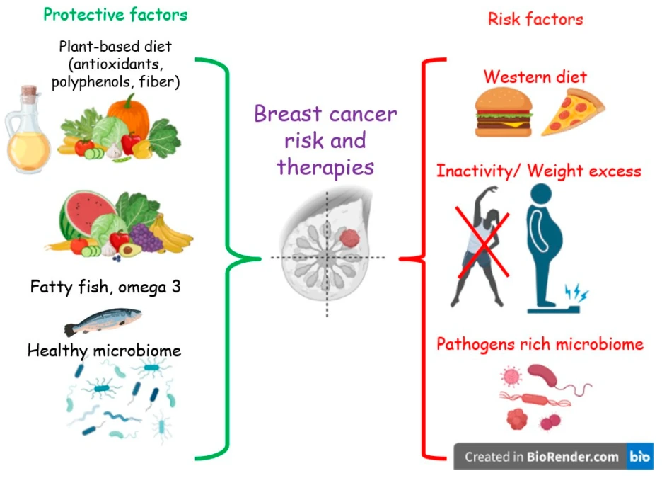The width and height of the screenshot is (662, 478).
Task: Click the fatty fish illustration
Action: [102, 321]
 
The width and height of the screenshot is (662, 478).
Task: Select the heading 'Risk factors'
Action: [535, 18]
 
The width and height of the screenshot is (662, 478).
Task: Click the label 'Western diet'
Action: [535, 76]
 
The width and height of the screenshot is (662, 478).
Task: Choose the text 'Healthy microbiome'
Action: [104, 351]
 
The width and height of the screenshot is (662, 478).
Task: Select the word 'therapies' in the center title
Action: [325, 166]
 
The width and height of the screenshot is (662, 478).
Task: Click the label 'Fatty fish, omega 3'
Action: [100, 288]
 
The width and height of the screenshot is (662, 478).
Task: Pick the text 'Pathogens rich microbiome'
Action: [540, 344]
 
